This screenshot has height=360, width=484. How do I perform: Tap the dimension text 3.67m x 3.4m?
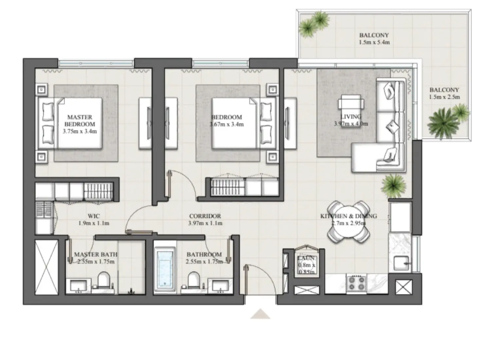(x=226, y=124)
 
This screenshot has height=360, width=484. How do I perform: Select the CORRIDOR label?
(x=205, y=216)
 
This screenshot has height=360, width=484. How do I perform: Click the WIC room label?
(x=94, y=216)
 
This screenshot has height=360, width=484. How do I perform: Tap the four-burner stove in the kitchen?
(x=356, y=283)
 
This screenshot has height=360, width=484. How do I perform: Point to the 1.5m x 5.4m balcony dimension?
(x=374, y=42)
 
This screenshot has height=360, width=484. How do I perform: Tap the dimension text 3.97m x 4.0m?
(x=351, y=124)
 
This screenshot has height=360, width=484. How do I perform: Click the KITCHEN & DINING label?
(x=349, y=216)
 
